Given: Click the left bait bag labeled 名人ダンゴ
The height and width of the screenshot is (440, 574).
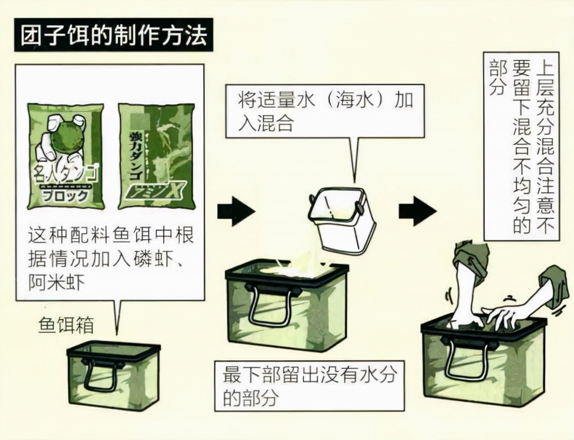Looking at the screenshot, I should [x=66, y=155].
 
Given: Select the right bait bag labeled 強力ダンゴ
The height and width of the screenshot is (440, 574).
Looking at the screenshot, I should [x=156, y=155].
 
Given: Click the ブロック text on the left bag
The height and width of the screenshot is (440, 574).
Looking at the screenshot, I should [x=66, y=196].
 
